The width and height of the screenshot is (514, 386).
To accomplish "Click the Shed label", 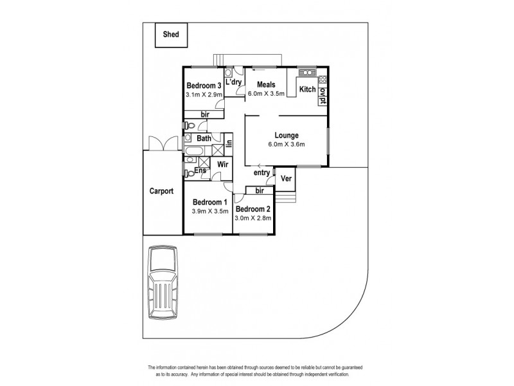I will tap(171, 35).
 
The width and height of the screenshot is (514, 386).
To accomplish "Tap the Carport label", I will tap(162, 191).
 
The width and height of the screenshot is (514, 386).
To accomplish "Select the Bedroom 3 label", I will tap(204, 86).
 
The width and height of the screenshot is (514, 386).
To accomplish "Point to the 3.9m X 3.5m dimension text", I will tap(210, 211).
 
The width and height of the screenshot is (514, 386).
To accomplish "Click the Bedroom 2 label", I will tap(253, 209).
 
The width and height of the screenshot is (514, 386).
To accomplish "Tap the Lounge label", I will tap(286, 135).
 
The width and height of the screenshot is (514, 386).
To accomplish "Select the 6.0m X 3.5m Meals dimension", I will tap(266, 94).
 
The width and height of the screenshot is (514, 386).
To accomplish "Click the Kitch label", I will tap(308, 89).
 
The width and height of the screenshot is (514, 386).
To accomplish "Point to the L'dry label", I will tap(234, 82).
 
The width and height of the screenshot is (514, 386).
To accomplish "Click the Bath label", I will tap(204, 138).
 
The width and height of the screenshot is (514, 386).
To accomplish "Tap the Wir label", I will tap(222, 165).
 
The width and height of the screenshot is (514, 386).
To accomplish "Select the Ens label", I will tap(200, 170).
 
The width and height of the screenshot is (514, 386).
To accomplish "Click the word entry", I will tap(261, 172).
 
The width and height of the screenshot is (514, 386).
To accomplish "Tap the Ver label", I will tap(286, 178).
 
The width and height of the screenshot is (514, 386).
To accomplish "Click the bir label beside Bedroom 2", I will tap(260, 190).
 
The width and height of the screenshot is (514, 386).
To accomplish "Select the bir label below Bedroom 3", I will tap(204, 114).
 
